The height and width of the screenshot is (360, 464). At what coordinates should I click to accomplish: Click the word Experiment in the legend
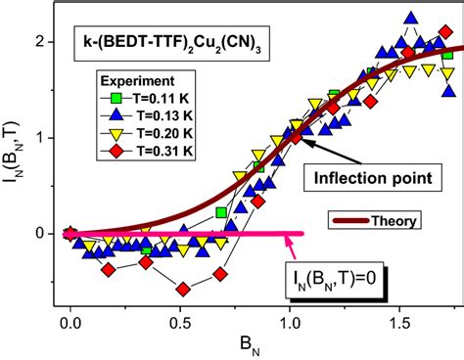pos(135,82)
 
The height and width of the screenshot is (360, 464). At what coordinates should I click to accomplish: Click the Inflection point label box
pos(376,177)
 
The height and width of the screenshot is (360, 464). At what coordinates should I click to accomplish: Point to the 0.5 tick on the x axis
pos(180,321)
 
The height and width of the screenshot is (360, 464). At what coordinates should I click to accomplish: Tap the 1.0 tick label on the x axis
pos(291,321)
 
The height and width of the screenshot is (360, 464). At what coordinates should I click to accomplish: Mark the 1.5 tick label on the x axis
pos(401,321)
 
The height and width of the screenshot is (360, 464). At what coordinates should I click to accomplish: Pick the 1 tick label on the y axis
pos(40,138)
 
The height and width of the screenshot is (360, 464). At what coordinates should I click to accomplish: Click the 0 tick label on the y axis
pos(40,234)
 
